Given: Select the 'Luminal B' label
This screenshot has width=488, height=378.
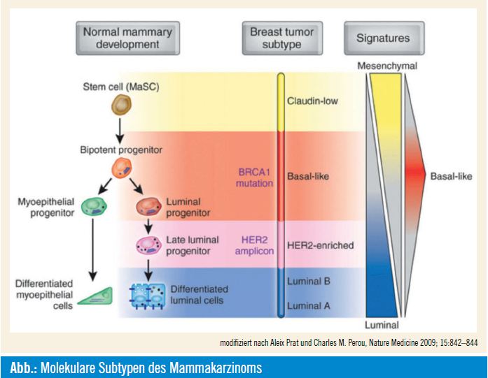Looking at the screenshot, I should coord(308,281).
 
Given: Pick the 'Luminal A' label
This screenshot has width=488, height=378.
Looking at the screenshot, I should coord(308,305).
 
